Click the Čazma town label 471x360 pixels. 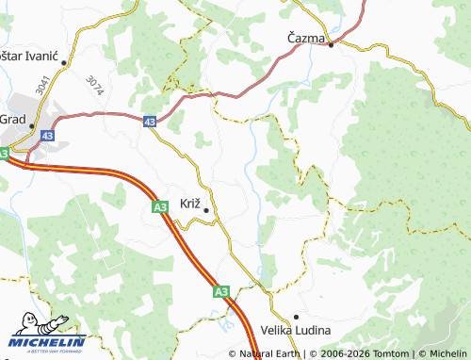point(306,38)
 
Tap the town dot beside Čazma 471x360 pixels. point(331,43)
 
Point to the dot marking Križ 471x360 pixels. point(206,210)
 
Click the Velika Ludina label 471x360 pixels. point(294,331)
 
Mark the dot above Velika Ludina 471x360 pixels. point(296,317)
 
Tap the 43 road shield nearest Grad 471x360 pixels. point(48,137)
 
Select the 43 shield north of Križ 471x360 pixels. point(152,122)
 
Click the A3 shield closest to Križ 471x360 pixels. point(159,205)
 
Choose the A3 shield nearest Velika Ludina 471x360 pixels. point(220,292)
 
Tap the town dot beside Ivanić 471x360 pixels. point(65,62)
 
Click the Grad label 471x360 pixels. point(12,119)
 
